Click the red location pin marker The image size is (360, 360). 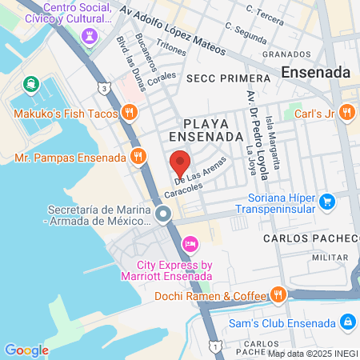[179, 163]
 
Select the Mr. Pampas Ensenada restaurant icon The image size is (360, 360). [138, 157]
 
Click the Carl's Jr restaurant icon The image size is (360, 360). [346, 113]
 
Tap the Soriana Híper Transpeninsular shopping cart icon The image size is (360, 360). [326, 202]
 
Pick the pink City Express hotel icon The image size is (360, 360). [190, 243]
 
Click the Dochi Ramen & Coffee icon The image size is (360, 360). [277, 295]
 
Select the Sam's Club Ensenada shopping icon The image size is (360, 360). [347, 322]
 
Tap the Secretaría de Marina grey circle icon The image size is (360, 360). [163, 214]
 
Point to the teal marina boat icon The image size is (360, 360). [30, 83]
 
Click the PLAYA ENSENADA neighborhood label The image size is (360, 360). [211, 130]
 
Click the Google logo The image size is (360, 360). [26, 350]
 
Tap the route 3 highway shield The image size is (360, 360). [106, 86]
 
